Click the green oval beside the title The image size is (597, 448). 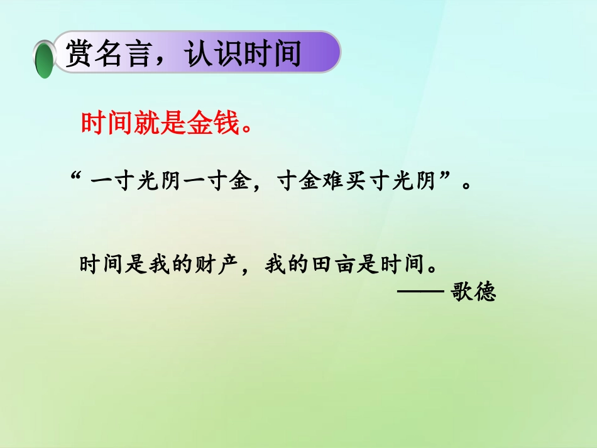(x=44, y=59)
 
